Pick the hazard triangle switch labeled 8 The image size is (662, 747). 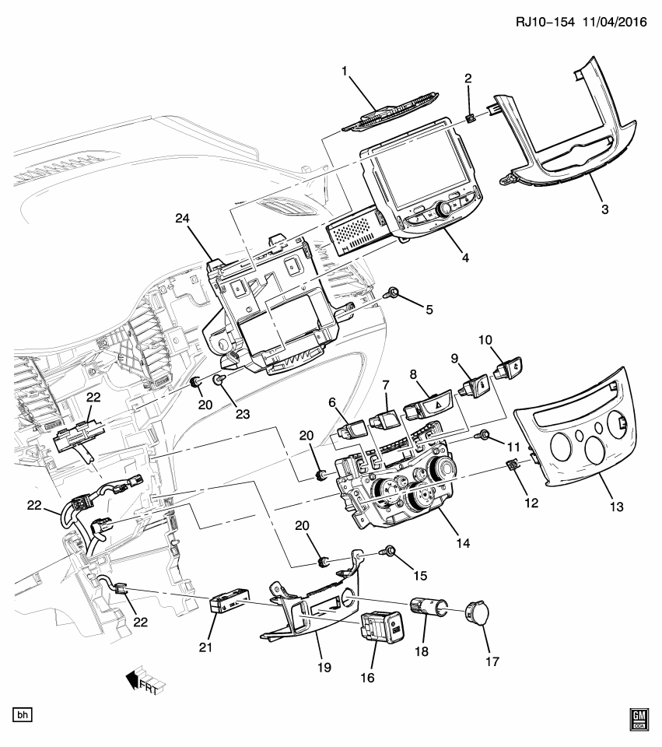[x=424, y=402]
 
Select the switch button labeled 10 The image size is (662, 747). [x=510, y=363]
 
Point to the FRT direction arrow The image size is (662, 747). [x=139, y=682]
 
